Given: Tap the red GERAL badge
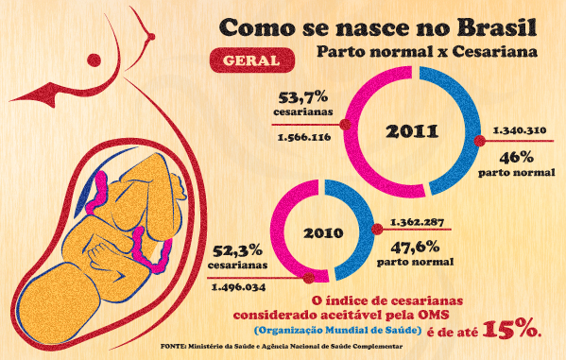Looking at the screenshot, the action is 252,60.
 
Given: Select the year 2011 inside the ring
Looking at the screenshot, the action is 412,131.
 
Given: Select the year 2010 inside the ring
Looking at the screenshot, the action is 323,232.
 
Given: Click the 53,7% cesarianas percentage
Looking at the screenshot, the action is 303,97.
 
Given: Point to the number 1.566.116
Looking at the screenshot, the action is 304,137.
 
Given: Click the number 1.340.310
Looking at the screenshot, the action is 520,130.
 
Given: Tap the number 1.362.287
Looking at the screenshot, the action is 417,222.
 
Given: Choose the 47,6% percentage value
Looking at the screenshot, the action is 416,248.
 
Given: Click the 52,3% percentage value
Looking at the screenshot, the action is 237,250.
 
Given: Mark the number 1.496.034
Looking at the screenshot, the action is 238,287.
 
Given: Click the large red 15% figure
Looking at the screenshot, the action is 511,330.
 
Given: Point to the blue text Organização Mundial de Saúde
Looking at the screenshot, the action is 337,330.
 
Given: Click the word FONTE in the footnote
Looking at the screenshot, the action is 173,346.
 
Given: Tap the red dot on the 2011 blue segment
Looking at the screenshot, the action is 479,141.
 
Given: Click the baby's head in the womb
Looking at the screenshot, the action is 60,303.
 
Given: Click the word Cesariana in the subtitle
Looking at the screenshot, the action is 494,52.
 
